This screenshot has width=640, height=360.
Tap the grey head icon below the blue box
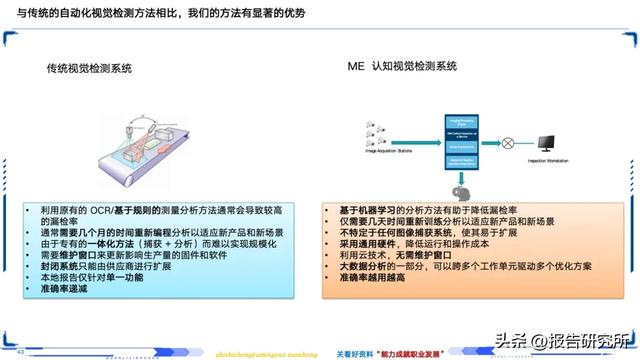tap(461, 191)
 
